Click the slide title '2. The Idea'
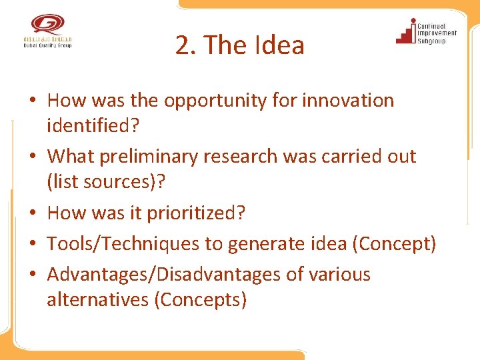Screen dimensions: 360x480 [240, 45]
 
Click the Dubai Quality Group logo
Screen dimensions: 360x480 [46, 31]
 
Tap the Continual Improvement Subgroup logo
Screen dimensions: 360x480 [426, 31]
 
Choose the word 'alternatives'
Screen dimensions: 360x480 [97, 300]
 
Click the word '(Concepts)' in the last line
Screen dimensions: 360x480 [200, 300]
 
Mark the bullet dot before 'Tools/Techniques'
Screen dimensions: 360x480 [31, 245]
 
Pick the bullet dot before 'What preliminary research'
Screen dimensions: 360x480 [31, 157]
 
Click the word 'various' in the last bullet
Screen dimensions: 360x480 [338, 275]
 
